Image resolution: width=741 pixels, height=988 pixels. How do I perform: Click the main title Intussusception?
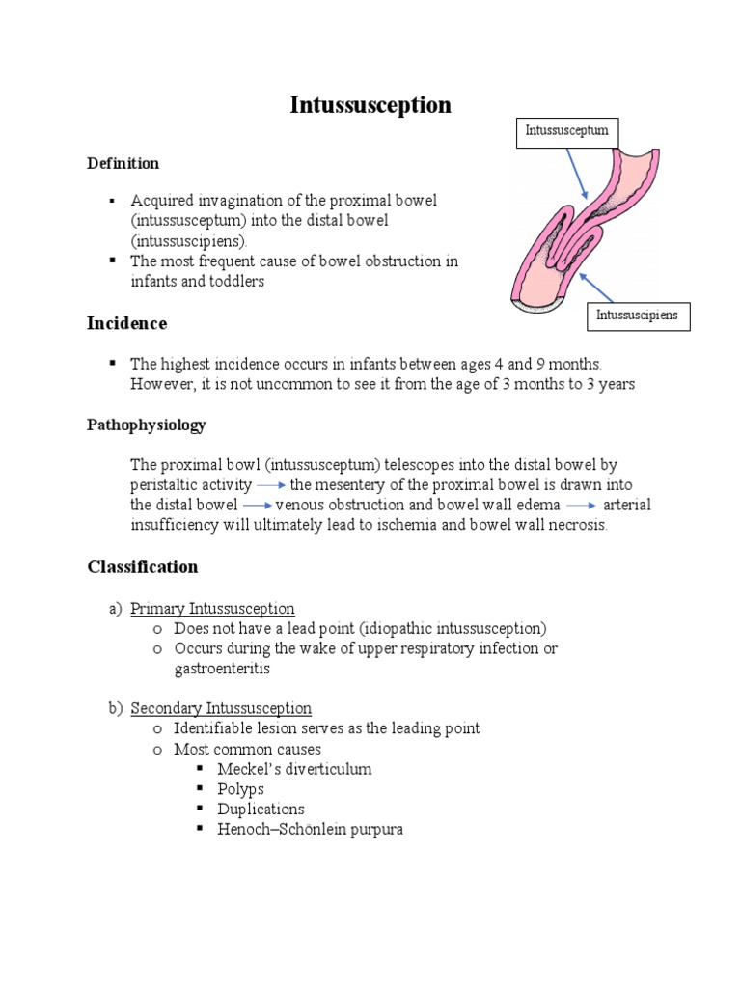tap(370, 105)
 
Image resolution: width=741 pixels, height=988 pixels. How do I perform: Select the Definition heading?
tap(123, 163)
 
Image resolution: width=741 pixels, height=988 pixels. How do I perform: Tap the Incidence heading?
tap(127, 323)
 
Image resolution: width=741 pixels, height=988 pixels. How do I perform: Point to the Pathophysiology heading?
tap(147, 425)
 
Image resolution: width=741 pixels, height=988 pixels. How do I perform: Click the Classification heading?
tap(143, 566)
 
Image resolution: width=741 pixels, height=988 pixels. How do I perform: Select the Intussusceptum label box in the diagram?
tap(566, 131)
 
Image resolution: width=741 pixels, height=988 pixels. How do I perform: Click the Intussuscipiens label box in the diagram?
tap(637, 316)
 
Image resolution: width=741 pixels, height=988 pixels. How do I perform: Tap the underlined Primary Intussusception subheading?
tap(212, 608)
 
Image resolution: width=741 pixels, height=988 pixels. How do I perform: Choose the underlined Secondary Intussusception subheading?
tap(221, 708)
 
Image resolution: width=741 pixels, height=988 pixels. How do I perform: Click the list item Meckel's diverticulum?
tap(294, 769)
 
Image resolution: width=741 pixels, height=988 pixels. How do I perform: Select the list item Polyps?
tap(240, 789)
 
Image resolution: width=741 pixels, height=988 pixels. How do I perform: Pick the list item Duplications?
tap(261, 809)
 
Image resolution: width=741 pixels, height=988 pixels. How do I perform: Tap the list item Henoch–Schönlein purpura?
tap(310, 829)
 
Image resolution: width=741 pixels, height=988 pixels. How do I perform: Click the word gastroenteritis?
tap(222, 668)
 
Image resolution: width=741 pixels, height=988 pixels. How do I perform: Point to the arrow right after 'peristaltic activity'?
tap(271, 485)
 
